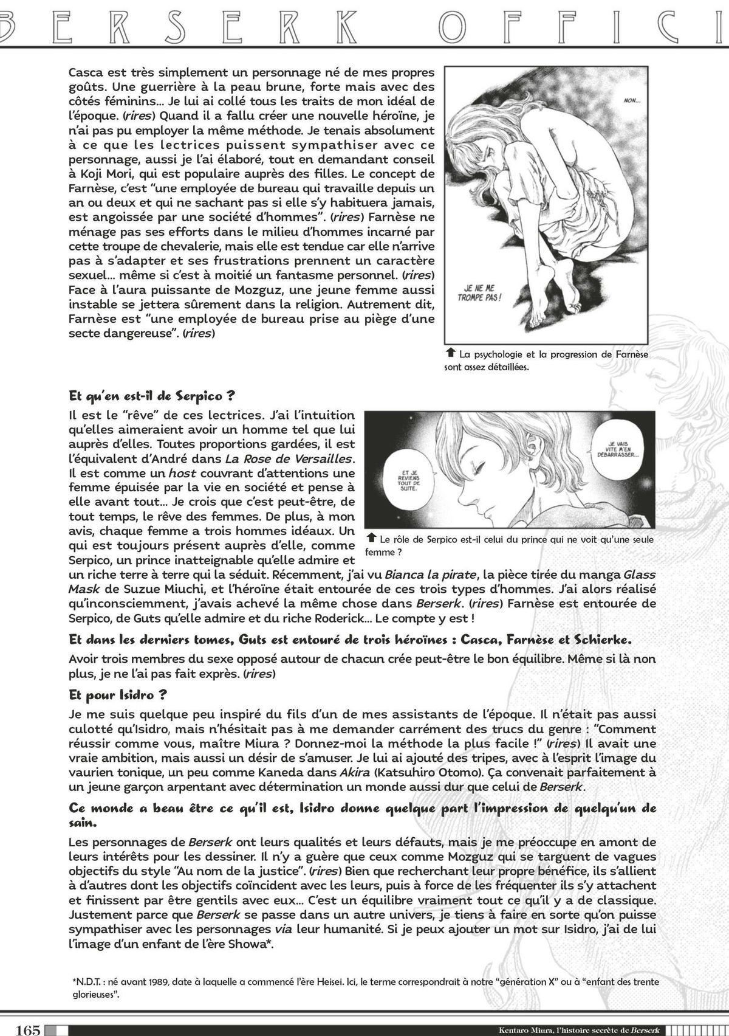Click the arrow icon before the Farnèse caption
(x=450, y=353)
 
